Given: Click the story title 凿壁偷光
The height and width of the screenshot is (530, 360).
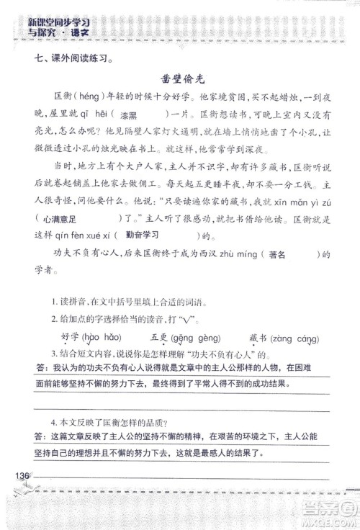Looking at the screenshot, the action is point(180,80).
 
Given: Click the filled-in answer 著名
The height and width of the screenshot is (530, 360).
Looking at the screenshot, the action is point(278,254).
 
